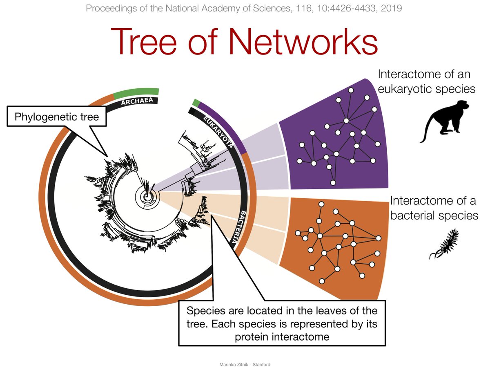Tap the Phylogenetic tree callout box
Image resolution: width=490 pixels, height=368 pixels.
click(x=56, y=117)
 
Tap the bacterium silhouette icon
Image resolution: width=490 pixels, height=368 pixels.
click(x=444, y=245)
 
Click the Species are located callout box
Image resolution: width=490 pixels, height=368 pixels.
click(x=282, y=323)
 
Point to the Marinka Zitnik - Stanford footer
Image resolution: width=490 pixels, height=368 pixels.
click(x=245, y=364)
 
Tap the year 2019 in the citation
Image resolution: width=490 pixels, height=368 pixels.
click(x=390, y=8)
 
